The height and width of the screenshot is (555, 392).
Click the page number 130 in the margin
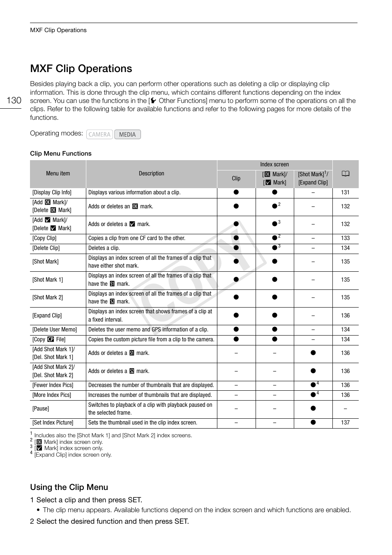point(14,100)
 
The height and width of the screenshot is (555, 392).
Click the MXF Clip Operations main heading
point(81,68)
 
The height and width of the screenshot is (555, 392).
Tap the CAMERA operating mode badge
point(99,134)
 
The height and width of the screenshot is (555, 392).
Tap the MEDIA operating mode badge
point(127,134)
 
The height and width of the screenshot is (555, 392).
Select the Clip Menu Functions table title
point(61,154)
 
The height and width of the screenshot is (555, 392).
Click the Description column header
point(151,173)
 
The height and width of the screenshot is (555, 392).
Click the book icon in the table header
point(345,174)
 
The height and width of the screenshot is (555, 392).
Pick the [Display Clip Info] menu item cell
point(52,192)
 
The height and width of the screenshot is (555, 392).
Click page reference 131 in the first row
point(345,192)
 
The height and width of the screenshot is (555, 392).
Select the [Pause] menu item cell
point(41,408)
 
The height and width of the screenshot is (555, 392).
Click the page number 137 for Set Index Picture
point(345,422)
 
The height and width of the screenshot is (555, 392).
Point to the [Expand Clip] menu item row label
point(47,315)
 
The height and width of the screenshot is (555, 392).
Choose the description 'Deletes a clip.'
point(104,248)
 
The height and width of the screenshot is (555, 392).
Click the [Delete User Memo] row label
point(55,329)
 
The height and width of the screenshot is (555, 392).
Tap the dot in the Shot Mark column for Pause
point(313,408)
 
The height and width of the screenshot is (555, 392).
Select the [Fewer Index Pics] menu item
point(53,385)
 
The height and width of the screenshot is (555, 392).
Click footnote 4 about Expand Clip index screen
point(73,455)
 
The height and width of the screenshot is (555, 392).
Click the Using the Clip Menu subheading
point(69,487)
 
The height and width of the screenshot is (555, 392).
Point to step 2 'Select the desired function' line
point(109,521)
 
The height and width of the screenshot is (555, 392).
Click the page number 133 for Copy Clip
point(345,238)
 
